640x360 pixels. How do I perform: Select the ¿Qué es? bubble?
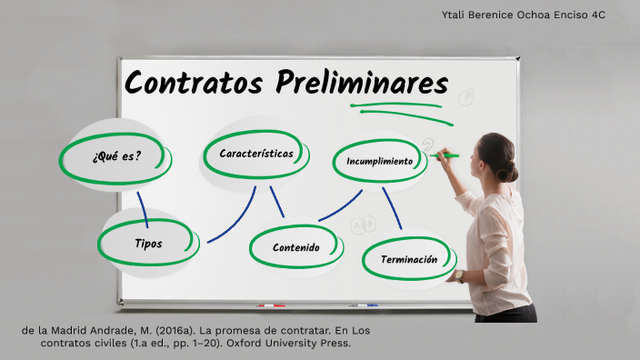click(115, 155)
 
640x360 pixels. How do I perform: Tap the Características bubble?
click(256, 154)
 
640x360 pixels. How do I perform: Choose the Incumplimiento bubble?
click(379, 161)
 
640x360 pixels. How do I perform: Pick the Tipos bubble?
click(147, 243)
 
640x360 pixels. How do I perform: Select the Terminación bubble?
click(408, 259)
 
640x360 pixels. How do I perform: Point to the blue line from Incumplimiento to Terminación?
click(392, 208)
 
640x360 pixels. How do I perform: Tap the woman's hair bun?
click(506, 171)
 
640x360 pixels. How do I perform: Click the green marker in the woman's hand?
click(447, 155)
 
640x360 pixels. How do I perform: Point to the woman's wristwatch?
click(459, 275)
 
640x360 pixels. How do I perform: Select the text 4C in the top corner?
click(597, 15)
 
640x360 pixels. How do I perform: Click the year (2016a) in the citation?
click(175, 329)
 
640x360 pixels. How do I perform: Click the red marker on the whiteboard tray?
click(271, 305)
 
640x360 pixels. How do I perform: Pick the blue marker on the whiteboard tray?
click(366, 305)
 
